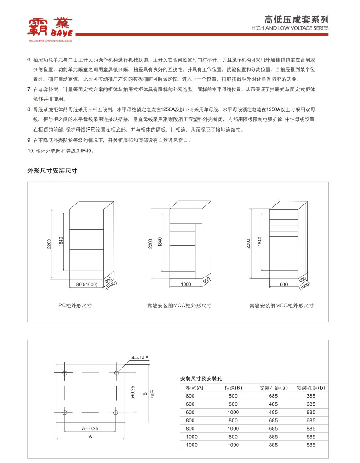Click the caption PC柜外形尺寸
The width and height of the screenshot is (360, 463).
[75, 305]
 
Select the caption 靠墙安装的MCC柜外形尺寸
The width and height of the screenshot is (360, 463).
[180, 305]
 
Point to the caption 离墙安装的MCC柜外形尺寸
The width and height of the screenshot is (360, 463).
[282, 305]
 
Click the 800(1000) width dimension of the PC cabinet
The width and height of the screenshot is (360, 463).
[87, 285]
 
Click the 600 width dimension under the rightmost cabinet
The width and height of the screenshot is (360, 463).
[283, 285]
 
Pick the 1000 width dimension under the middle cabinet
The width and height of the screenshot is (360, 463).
[186, 285]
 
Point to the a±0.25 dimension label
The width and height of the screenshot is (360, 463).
[90, 428]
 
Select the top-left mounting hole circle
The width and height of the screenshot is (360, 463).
[65, 373]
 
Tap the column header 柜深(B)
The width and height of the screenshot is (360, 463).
[233, 388]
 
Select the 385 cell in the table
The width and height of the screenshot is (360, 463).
[311, 396]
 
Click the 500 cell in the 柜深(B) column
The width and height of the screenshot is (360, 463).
[233, 396]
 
